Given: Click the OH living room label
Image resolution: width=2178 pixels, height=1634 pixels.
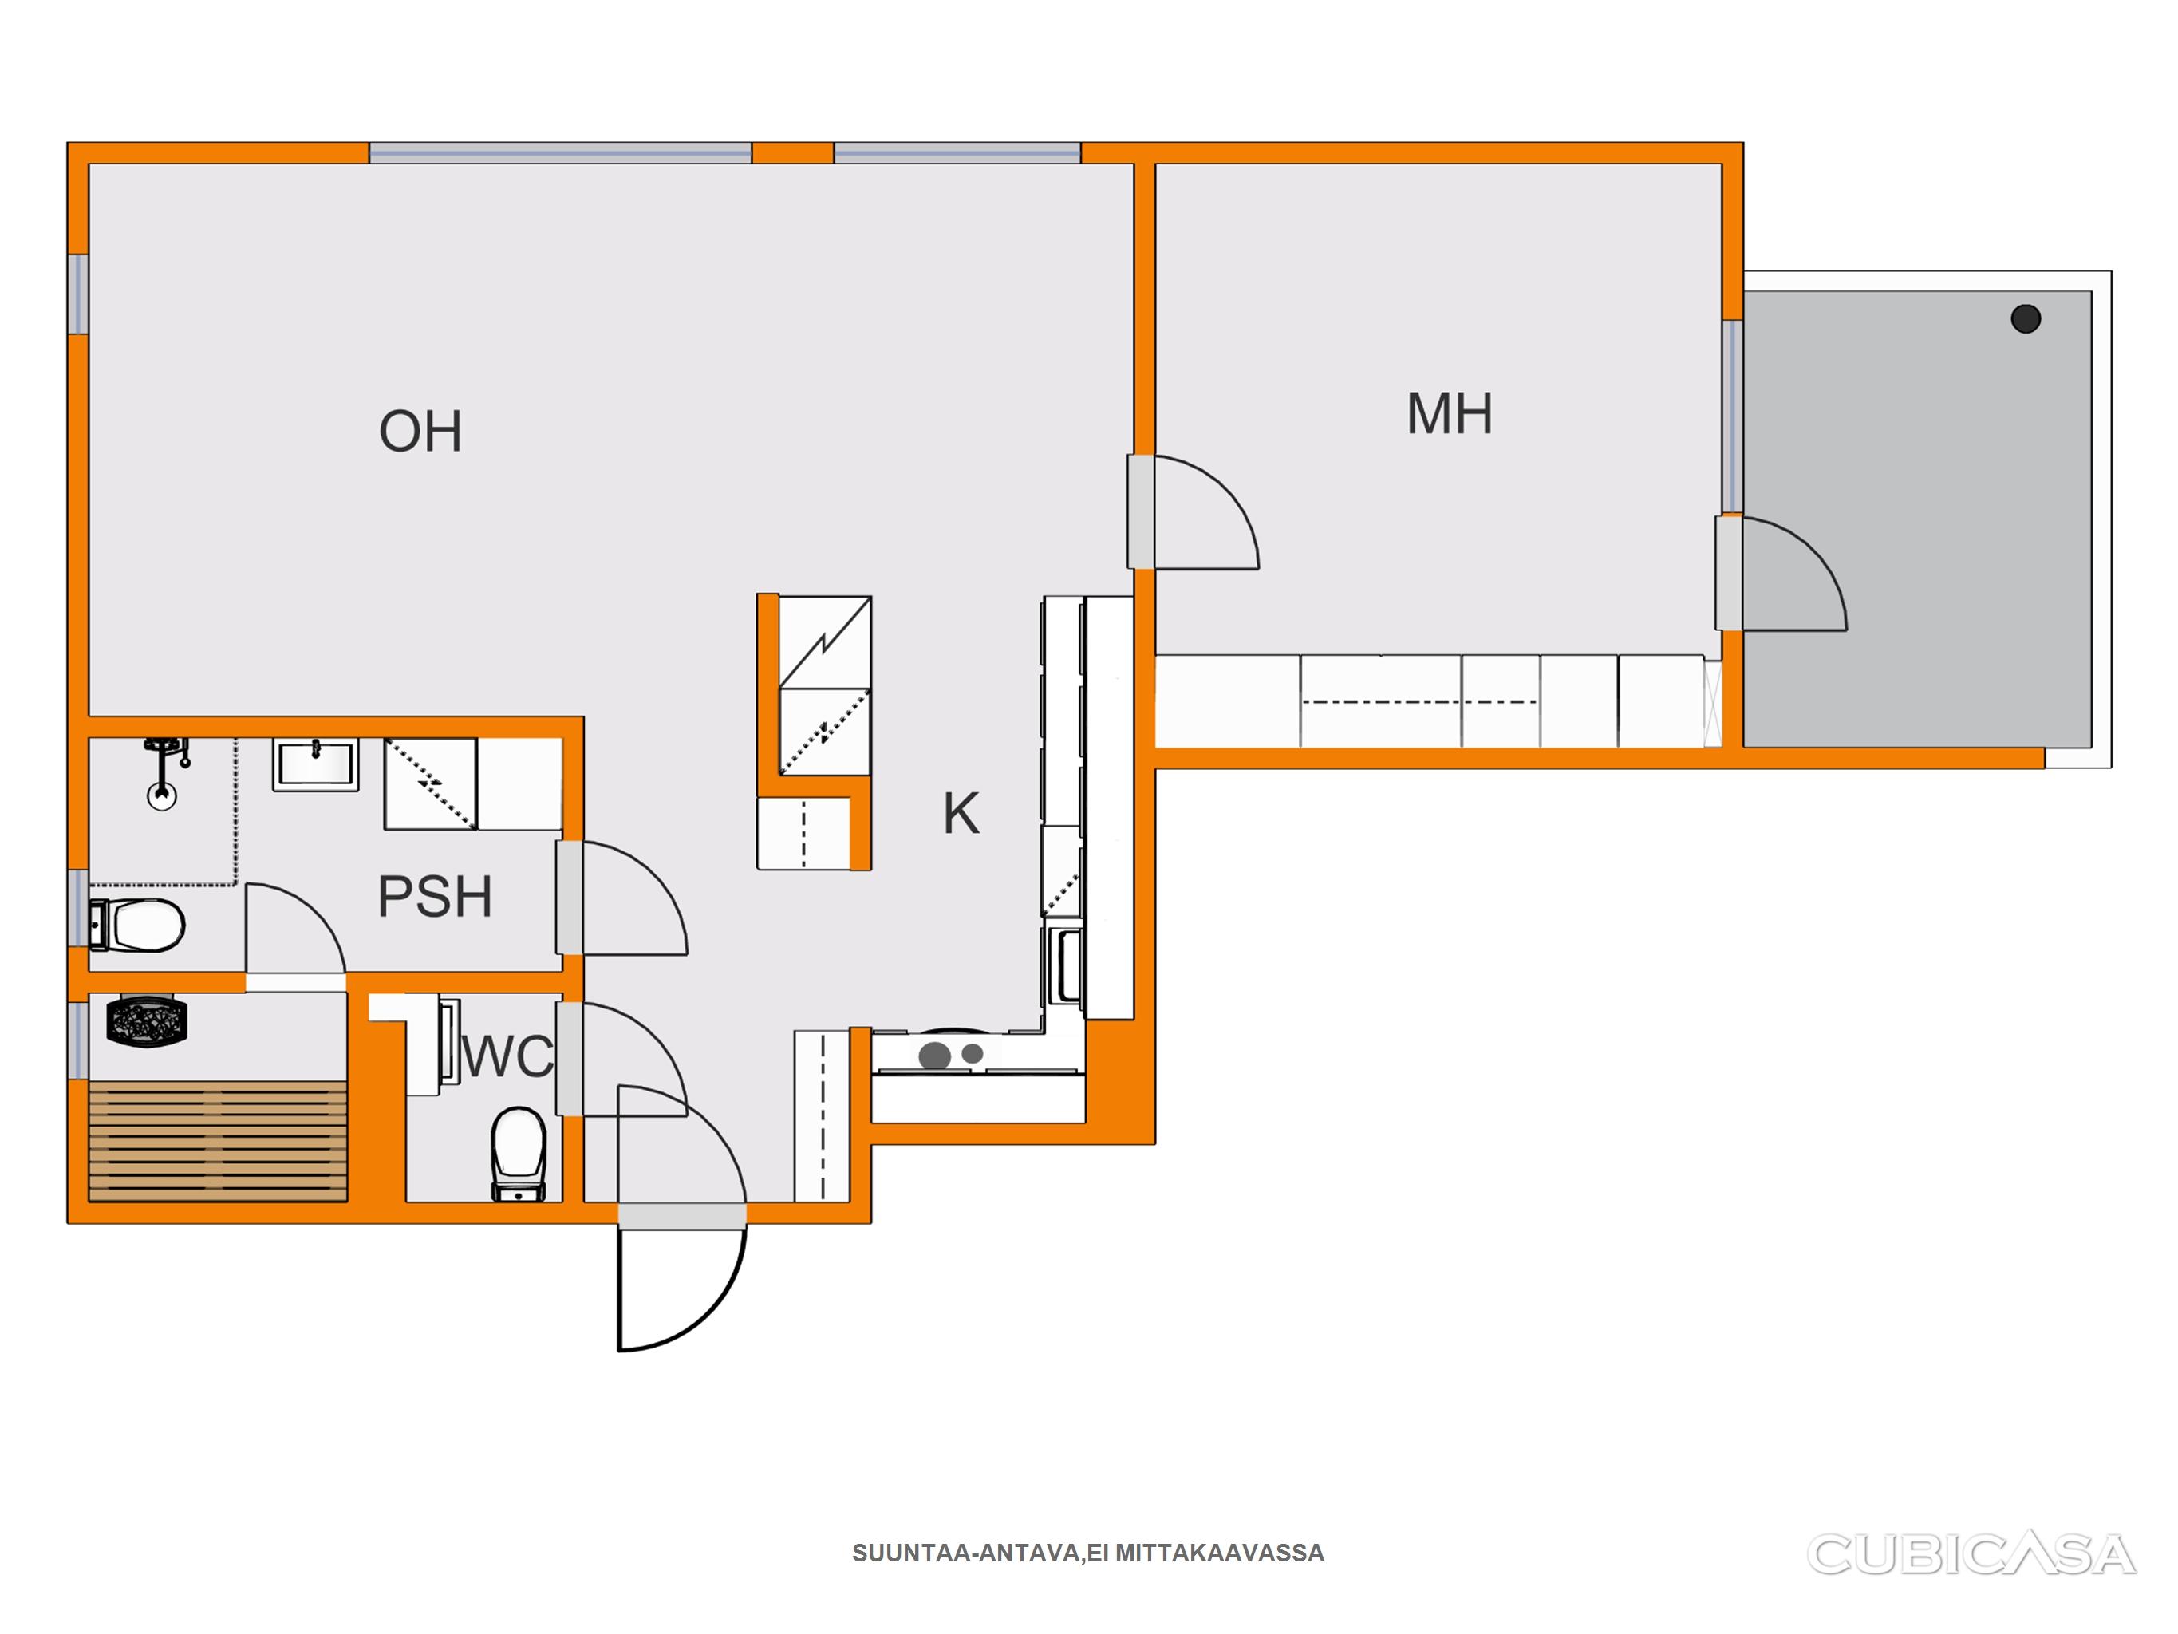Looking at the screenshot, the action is pos(420,432).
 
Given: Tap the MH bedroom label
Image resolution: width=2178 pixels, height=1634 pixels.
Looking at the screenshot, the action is pos(1450,413).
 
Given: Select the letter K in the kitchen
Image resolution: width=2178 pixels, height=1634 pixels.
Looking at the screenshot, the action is pos(961,814).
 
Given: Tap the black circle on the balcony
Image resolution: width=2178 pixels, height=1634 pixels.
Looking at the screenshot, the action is pos(2026,318).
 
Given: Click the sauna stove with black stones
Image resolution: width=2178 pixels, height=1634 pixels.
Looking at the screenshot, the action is pos(147,1020).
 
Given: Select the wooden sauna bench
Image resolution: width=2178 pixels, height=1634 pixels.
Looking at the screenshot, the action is pos(218,1142).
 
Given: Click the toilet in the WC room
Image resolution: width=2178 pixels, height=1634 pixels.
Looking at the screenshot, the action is pos(519,1154).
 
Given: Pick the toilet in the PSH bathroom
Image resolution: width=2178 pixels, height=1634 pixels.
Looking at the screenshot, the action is pos(137,926).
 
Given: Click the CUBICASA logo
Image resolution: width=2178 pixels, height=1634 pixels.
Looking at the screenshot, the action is pos(1971,1554).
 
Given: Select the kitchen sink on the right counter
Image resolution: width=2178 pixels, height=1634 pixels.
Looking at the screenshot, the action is pos(1065,965).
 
